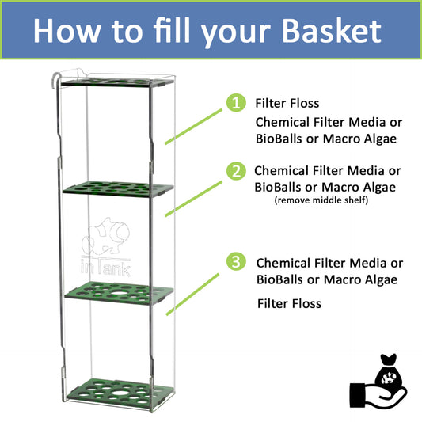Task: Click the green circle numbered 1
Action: click(234, 104)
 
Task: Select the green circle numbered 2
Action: click(234, 170)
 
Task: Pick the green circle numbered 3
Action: click(234, 262)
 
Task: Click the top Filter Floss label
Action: click(286, 104)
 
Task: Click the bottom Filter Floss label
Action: click(289, 303)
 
